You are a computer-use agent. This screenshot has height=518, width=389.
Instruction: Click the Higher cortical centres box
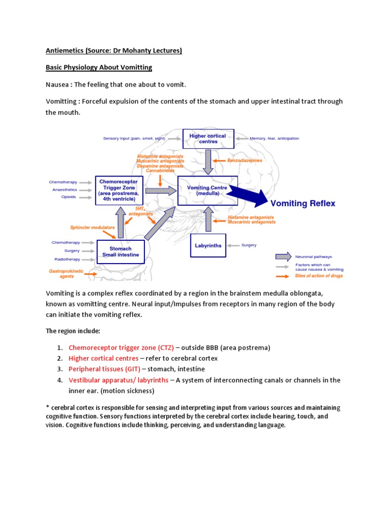point(208,139)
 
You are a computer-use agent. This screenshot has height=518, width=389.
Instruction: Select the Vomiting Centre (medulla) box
point(207,190)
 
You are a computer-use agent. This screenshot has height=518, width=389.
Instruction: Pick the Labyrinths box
point(208,245)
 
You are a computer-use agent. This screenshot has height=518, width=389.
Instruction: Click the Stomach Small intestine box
point(121,251)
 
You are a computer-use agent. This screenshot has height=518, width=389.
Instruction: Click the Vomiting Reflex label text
point(303,203)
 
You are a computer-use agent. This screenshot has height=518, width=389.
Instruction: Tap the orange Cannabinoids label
point(160,170)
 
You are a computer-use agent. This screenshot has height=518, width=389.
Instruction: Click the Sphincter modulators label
point(92,228)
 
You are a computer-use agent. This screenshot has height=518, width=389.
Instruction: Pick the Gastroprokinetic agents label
point(66,274)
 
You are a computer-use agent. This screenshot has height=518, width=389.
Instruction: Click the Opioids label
point(68,197)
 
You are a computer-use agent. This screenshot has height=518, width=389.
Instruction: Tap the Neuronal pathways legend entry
point(314,256)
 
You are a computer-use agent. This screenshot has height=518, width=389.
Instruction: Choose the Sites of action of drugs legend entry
point(319,276)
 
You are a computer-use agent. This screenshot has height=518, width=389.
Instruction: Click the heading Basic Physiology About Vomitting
point(99,67)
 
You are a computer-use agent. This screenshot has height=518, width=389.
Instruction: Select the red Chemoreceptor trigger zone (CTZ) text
point(121,348)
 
